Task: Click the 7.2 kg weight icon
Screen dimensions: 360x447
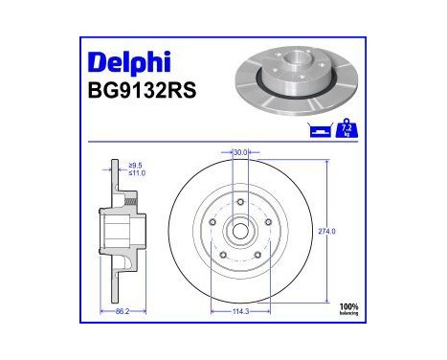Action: (x=346, y=128)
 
